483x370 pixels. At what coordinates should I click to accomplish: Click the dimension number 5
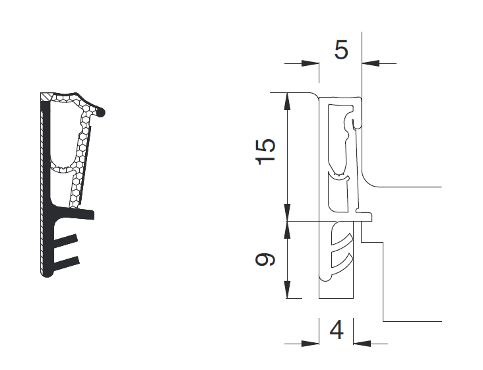[x=341, y=49]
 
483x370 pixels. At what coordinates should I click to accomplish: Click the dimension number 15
[x=265, y=152]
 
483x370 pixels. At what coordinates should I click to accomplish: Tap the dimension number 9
[x=265, y=259]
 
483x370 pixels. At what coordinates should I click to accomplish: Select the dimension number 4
[x=337, y=330]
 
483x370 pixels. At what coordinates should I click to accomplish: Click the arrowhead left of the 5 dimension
[x=310, y=64]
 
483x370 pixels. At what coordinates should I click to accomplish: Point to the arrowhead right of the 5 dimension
[x=371, y=64]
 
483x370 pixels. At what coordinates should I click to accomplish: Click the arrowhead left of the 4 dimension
[x=310, y=344]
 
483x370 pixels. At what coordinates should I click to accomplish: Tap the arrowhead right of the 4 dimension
[x=362, y=344]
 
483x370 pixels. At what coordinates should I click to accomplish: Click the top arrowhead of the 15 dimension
[x=287, y=102]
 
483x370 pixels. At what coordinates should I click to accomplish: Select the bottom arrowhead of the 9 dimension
[x=287, y=290]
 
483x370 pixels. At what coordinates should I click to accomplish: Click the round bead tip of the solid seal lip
[x=100, y=113]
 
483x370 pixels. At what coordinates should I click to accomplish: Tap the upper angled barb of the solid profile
[x=65, y=241]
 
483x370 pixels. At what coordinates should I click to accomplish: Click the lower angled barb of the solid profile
[x=67, y=263]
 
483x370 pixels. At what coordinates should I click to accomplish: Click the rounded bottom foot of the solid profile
[x=47, y=273]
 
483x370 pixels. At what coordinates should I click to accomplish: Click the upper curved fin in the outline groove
[x=341, y=241]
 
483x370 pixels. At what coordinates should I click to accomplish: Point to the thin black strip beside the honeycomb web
[x=84, y=166]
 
